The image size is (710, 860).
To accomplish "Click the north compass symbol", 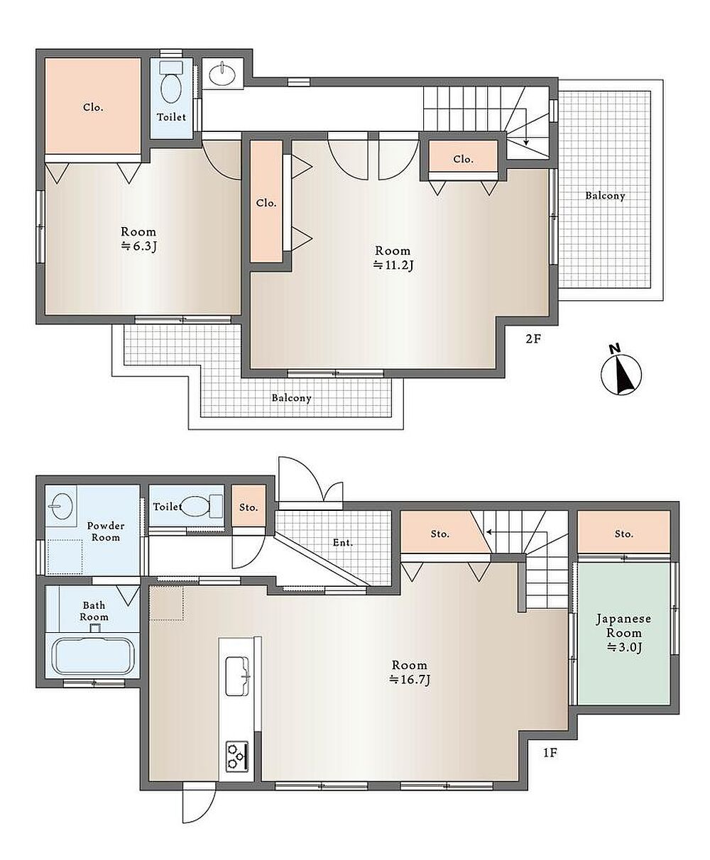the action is pyautogui.click(x=621, y=372).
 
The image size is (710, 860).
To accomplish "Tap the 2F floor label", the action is pyautogui.click(x=532, y=338).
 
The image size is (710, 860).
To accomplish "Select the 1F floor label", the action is pyautogui.click(x=550, y=753).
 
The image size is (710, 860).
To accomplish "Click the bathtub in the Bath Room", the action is pyautogui.click(x=93, y=656).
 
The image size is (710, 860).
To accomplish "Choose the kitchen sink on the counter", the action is pyautogui.click(x=238, y=676).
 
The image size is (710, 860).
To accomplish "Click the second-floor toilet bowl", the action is pyautogui.click(x=171, y=84).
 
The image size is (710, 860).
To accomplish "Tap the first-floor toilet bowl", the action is pyautogui.click(x=202, y=506).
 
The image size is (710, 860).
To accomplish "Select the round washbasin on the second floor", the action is pyautogui.click(x=222, y=74).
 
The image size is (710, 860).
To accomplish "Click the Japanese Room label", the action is pyautogui.click(x=623, y=625).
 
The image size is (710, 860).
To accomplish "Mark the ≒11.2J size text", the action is pyautogui.click(x=393, y=265).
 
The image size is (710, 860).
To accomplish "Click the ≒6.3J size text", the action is pyautogui.click(x=138, y=246).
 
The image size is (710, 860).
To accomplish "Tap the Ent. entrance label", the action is pyautogui.click(x=343, y=543).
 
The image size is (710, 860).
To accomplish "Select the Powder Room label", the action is pyautogui.click(x=106, y=531).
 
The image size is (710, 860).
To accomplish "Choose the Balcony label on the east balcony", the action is pyautogui.click(x=606, y=196).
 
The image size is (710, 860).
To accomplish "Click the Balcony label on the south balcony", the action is pyautogui.click(x=291, y=398).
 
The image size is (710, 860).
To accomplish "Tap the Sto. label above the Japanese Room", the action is pyautogui.click(x=623, y=534).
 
